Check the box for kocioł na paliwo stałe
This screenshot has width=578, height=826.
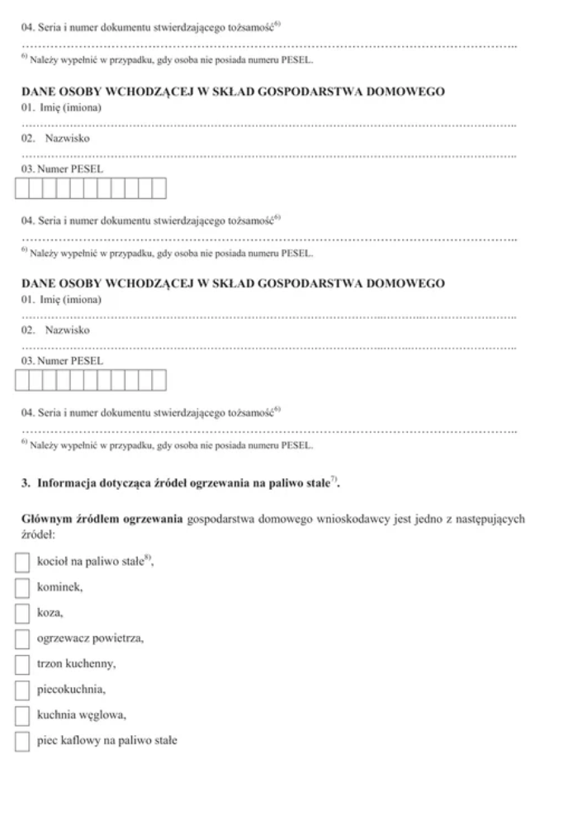tap(24, 563)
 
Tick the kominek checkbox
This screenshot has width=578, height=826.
tap(24, 588)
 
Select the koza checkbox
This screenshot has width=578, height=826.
tap(24, 614)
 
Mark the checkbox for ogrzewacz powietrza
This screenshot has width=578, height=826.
tap(24, 638)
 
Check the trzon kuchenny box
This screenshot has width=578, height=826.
tap(24, 664)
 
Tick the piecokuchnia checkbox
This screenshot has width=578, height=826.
tap(24, 690)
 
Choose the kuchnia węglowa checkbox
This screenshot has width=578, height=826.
tap(24, 715)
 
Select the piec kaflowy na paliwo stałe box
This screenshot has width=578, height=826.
tap(24, 741)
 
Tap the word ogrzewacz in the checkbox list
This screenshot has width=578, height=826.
tap(63, 638)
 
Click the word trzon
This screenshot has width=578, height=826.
tap(50, 664)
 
